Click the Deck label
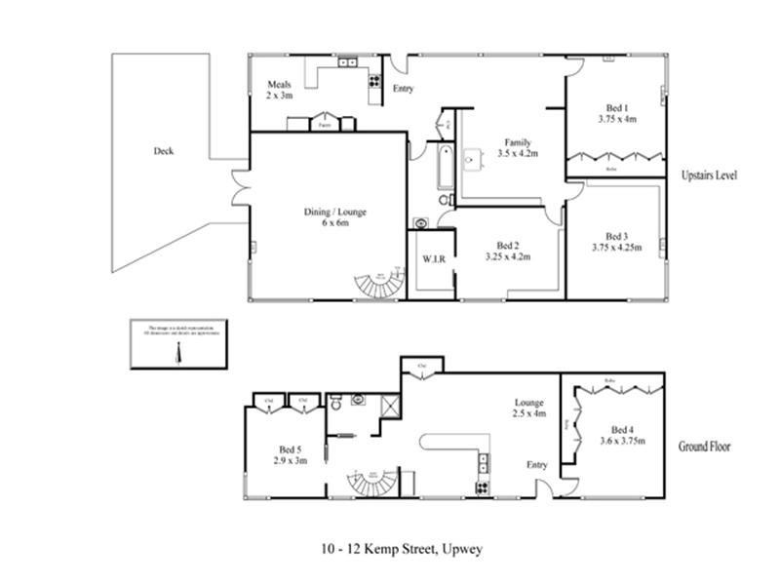coord(164,151)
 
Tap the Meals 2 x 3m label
coord(280,91)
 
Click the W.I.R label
coord(433,260)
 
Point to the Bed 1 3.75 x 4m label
coord(616,113)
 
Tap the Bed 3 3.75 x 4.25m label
coord(616,242)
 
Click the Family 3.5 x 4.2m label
coord(519,147)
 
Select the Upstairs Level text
coord(709,175)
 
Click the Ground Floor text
coord(707,447)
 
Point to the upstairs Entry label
coord(403,89)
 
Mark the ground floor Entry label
coord(536,465)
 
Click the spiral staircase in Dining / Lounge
coord(380,285)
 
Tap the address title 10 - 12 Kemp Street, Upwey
coord(401,549)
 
